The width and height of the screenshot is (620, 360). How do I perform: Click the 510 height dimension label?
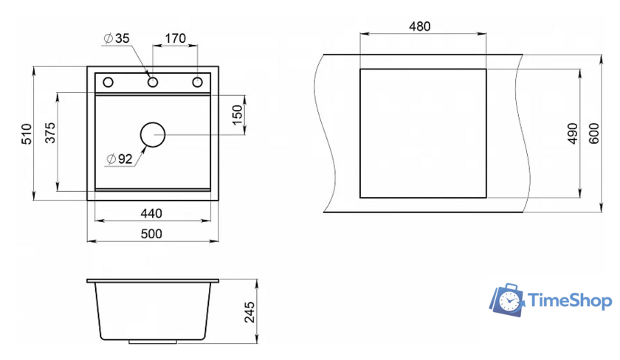pyautogui.click(x=27, y=134)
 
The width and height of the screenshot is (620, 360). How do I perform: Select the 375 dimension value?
pyautogui.click(x=50, y=133)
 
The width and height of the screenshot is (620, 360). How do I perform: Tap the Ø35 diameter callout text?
pyautogui.click(x=117, y=38)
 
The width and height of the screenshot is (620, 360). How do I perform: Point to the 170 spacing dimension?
pyautogui.click(x=175, y=38)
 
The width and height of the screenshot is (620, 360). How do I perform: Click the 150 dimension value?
pyautogui.click(x=237, y=115)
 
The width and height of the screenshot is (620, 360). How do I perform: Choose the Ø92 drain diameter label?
pyautogui.click(x=120, y=159)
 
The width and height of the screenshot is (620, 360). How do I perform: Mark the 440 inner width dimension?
pyautogui.click(x=151, y=213)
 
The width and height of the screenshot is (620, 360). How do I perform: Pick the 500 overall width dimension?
pyautogui.click(x=151, y=234)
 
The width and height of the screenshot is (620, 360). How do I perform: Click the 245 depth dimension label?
pyautogui.click(x=250, y=312)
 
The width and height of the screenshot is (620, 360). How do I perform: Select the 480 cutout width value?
pyautogui.click(x=419, y=27)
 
